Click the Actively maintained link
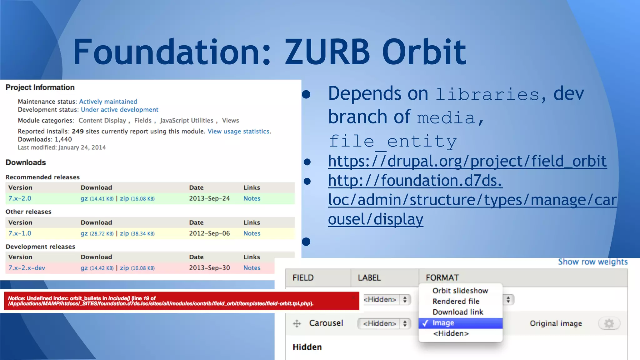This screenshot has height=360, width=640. (108, 102)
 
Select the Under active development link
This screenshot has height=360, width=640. (119, 110)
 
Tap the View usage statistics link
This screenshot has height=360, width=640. (238, 131)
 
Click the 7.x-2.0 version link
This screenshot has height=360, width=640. (20, 198)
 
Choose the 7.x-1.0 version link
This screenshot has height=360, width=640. (20, 233)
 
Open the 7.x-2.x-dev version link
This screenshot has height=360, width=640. (27, 268)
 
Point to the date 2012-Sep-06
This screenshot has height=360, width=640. (209, 233)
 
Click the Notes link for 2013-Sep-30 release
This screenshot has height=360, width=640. (252, 268)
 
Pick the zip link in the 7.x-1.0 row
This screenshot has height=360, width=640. (124, 233)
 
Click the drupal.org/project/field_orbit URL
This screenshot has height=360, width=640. (467, 161)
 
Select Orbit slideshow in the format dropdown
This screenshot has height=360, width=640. (460, 291)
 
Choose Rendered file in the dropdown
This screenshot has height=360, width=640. (456, 301)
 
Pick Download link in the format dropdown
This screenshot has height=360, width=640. (458, 312)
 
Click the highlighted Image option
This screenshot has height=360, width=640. (443, 323)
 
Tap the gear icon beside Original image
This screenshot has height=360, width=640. (609, 323)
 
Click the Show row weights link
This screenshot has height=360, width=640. (592, 262)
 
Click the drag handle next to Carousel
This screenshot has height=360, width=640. (297, 323)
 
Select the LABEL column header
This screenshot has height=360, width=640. (369, 277)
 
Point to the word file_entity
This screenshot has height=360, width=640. (392, 141)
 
